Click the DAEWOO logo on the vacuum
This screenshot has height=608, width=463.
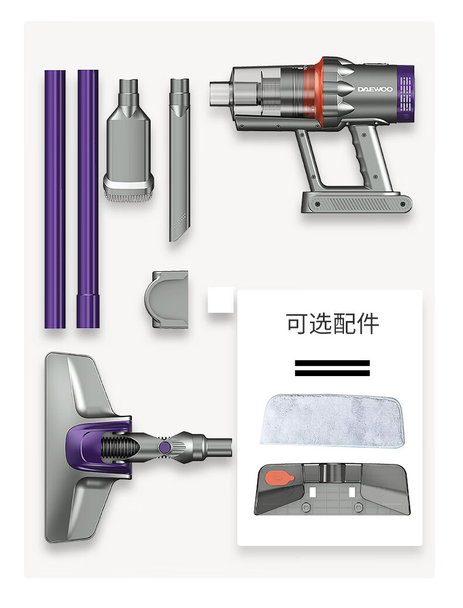point(375,89)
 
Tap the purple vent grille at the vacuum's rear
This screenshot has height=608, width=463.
point(405,94)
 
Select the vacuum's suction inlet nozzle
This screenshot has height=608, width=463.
point(219,94)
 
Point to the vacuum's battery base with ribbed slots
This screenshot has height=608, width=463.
point(357,202)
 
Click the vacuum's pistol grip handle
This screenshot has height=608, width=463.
point(369,156)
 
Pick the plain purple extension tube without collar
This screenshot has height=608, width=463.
point(55,199)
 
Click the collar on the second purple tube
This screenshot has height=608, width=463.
point(88,310)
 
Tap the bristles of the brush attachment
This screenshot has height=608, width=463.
point(128,196)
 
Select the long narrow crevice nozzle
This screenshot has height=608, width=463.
point(179,160)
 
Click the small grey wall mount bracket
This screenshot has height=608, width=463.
point(166,299)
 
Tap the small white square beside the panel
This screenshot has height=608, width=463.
point(220,300)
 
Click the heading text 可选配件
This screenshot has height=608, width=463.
point(332,324)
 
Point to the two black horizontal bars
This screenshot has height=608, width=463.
point(332,368)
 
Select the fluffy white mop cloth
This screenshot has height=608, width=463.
point(332,421)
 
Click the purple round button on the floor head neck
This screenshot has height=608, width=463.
point(165,447)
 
